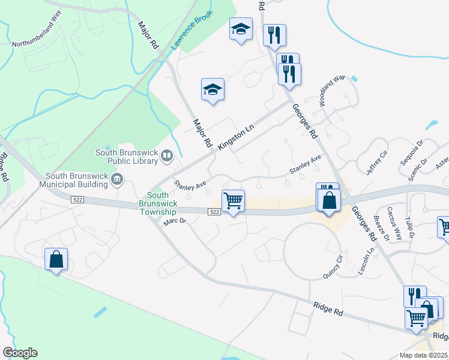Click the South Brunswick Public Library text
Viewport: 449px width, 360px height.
click(125, 157)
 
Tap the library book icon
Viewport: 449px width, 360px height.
click(167, 157)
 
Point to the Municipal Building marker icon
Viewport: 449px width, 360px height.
click(117, 178)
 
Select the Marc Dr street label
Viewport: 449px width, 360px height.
click(175, 223)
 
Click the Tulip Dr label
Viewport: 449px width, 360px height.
click(410, 223)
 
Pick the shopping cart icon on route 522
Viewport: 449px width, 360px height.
click(233, 200)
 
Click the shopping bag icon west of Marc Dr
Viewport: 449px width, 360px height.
click(56, 259)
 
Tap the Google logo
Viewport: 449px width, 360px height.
click(20, 353)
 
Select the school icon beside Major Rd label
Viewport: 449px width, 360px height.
click(212, 90)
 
